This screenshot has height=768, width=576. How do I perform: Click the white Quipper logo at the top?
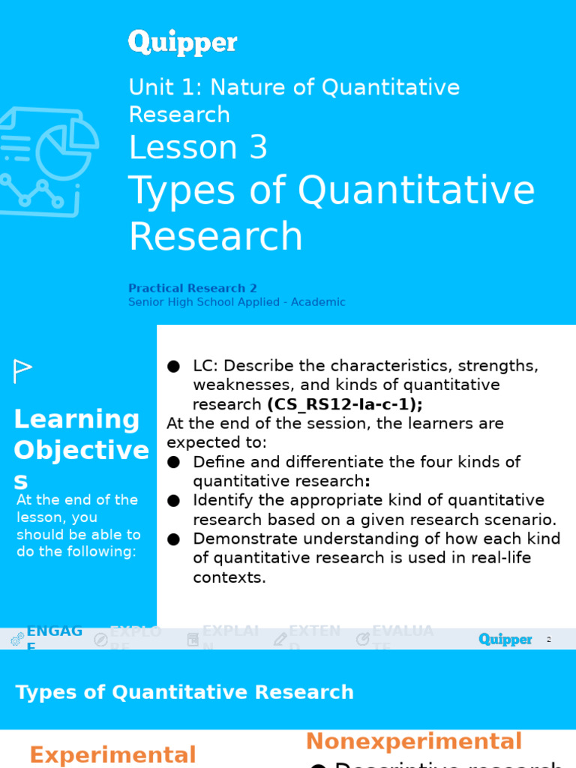[x=182, y=42]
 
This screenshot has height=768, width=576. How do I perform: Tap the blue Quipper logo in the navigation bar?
[x=505, y=639]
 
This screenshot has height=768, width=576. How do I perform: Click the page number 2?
[x=549, y=640]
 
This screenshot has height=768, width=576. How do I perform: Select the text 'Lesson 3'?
[x=198, y=148]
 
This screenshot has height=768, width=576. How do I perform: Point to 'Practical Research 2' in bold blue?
[x=193, y=288]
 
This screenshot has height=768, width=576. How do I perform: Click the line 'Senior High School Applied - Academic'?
[x=236, y=302]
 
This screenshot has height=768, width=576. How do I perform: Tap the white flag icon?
[x=22, y=370]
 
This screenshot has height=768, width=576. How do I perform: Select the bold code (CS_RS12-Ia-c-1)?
[x=345, y=404]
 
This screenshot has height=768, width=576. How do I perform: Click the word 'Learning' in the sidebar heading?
[x=76, y=419]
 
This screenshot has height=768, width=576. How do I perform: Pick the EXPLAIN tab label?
[x=230, y=631]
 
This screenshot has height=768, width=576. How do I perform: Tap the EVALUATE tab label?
[x=403, y=631]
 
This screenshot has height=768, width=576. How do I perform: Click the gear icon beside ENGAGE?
[x=17, y=639]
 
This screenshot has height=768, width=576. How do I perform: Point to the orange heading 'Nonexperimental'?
[x=413, y=741]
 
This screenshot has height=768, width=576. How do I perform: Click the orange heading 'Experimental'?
[x=112, y=754]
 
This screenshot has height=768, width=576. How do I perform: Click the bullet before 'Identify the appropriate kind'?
[x=174, y=500]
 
